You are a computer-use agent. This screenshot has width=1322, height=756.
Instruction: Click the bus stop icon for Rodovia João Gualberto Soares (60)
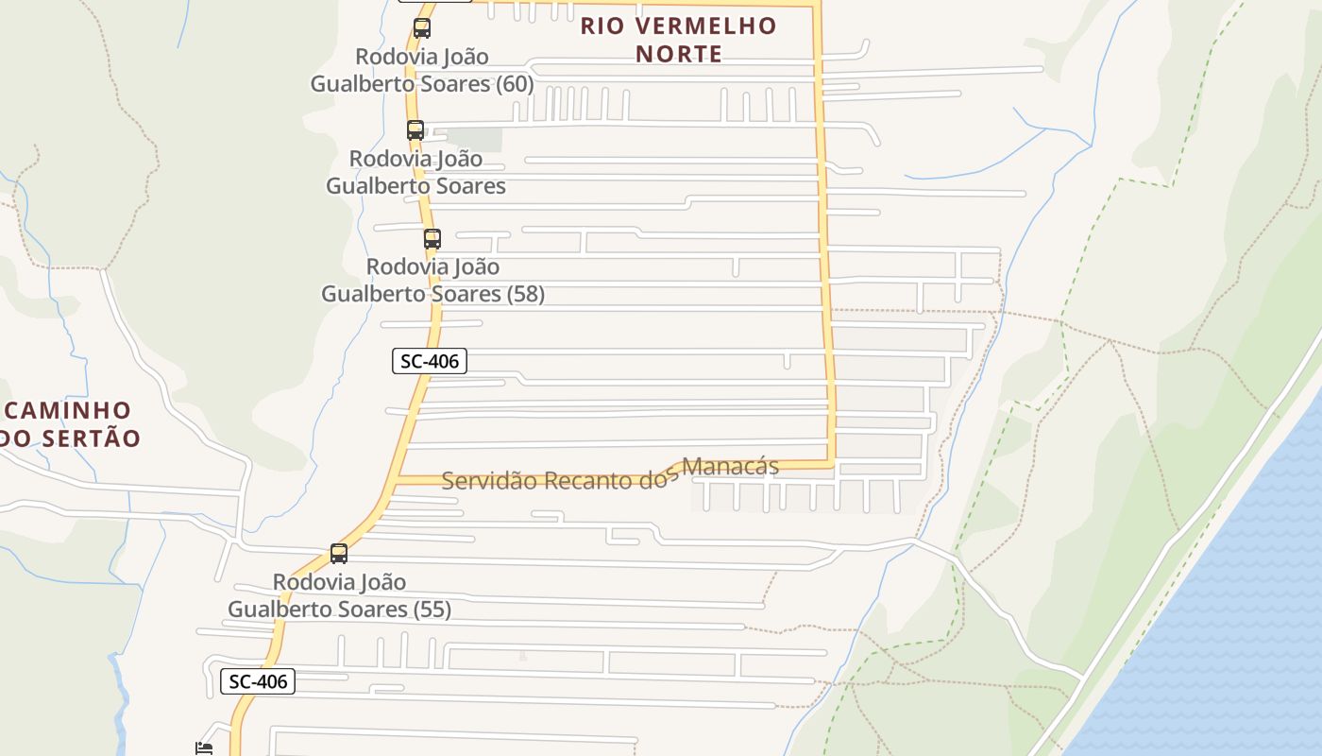(421, 28)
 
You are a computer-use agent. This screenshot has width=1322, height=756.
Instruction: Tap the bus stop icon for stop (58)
(432, 239)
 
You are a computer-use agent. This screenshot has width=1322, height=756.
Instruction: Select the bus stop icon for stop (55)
(339, 554)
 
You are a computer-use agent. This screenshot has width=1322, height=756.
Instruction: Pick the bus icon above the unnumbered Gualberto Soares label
(415, 130)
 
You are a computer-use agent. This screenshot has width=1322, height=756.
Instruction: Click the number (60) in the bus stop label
(516, 84)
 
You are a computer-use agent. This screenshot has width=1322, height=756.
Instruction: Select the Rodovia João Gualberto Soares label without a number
(415, 172)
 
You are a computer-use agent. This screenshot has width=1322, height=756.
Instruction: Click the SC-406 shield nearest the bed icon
(258, 681)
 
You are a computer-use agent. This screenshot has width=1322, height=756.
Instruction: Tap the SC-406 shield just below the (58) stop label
(430, 361)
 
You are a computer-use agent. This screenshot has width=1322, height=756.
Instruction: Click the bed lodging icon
(204, 748)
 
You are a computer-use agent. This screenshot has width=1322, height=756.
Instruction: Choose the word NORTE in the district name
(678, 55)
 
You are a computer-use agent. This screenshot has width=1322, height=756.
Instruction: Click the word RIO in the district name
(598, 26)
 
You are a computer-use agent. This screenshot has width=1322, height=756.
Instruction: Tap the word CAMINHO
(68, 411)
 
